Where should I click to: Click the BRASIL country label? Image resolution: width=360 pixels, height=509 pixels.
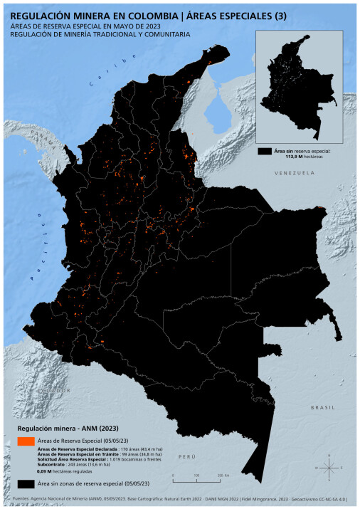(x=322, y=406)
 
